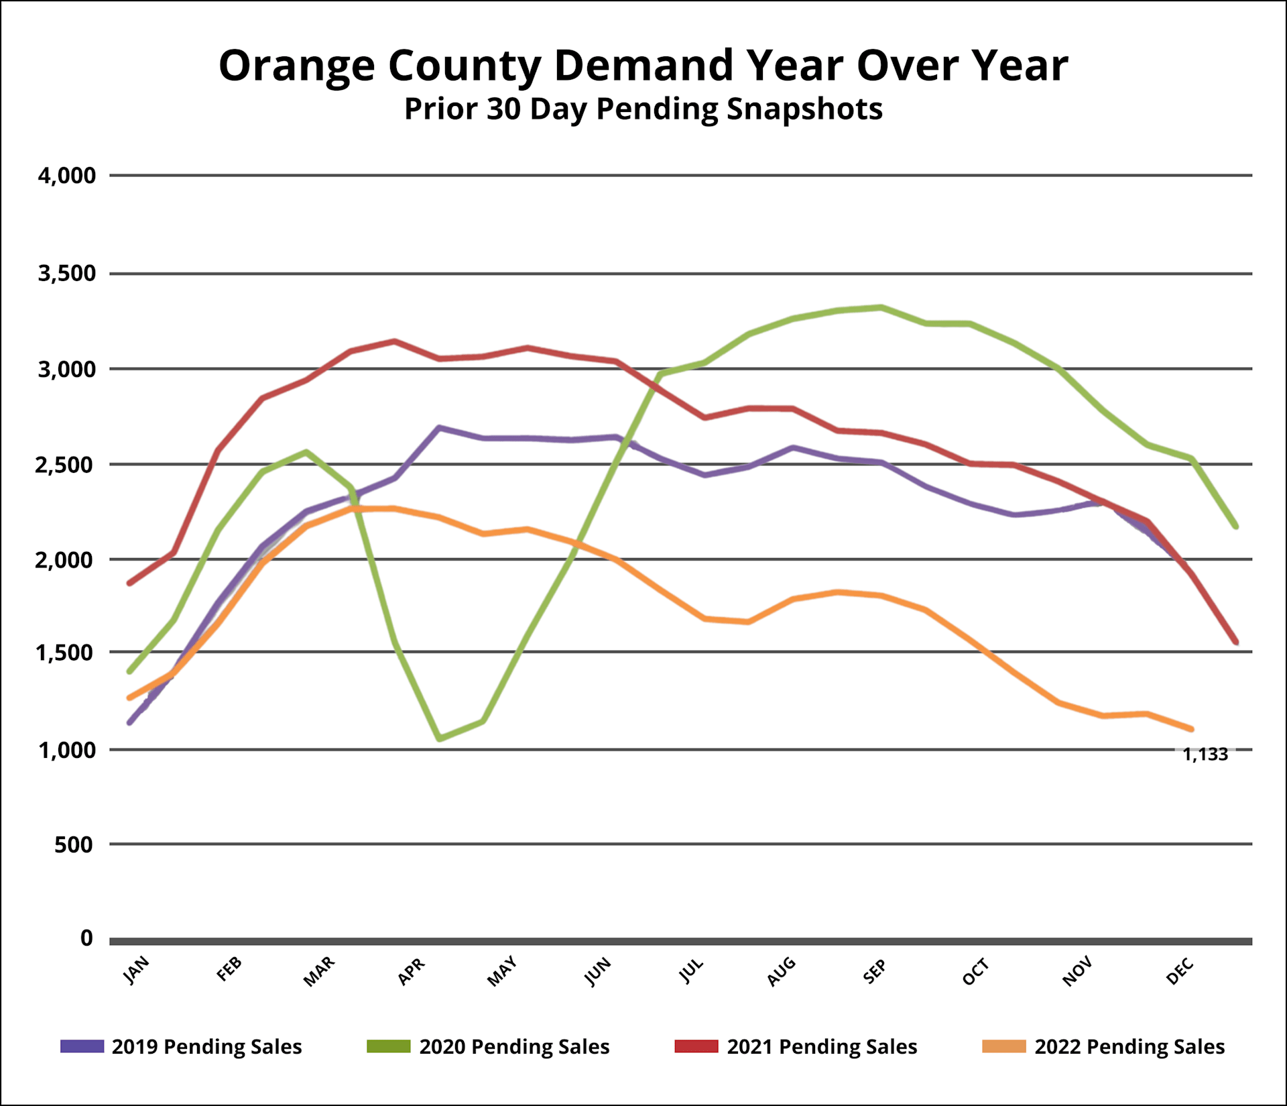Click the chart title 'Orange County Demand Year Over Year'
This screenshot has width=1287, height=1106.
point(643,66)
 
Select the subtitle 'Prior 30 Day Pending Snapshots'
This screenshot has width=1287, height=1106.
point(643,109)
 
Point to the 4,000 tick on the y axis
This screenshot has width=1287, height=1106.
point(67,176)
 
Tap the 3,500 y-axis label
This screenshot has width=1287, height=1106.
point(67,274)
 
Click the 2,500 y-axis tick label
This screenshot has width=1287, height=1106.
point(66,464)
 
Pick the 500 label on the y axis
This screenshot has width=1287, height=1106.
point(74,844)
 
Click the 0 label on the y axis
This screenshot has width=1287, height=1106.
point(86,938)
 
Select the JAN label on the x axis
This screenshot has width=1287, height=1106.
point(137,971)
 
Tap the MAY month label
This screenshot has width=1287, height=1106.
point(502,972)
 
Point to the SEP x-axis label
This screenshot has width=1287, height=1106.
point(874,972)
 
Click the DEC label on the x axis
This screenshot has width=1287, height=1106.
point(1180,972)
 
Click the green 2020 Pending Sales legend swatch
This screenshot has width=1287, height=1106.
point(388,1046)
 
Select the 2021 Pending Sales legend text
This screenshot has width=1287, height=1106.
point(822,1047)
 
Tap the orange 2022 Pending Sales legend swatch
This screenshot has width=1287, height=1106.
point(1003,1046)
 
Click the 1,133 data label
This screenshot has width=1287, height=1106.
point(1205,755)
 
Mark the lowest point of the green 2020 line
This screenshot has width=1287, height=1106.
point(440,738)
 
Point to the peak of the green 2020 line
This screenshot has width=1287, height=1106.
point(881,307)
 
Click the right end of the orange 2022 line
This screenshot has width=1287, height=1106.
point(1191,729)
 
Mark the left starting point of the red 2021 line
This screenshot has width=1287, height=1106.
point(129,583)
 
